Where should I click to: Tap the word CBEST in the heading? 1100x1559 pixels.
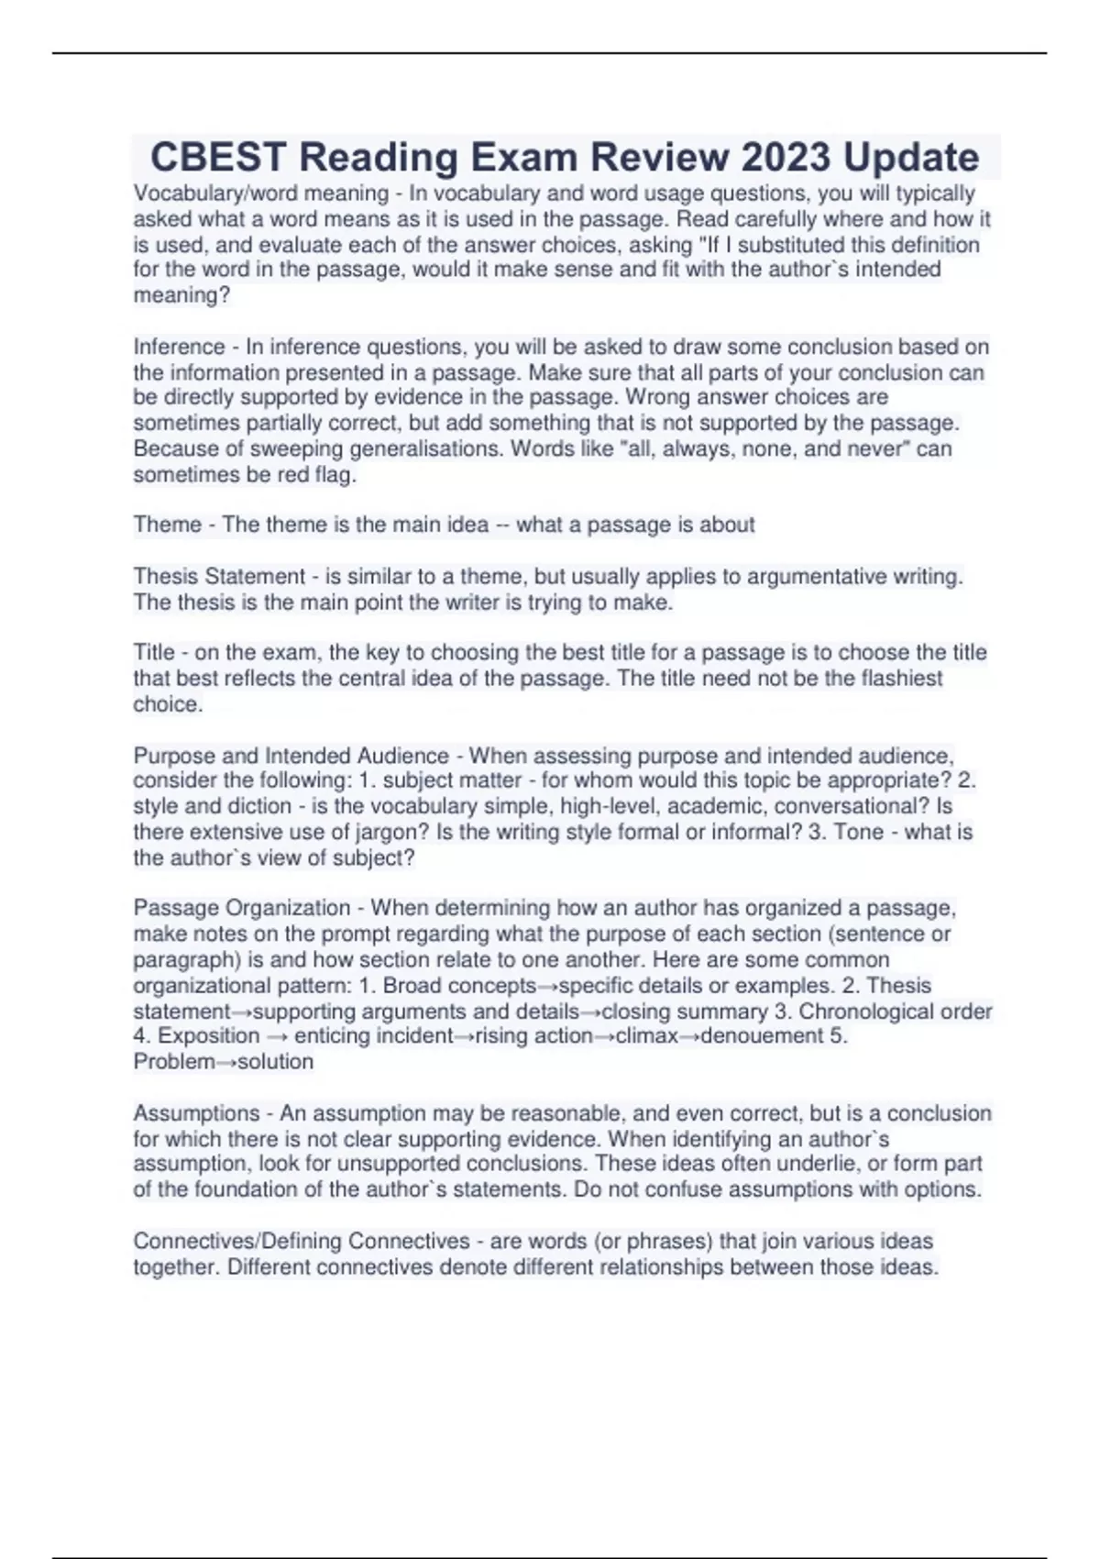[x=217, y=158]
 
